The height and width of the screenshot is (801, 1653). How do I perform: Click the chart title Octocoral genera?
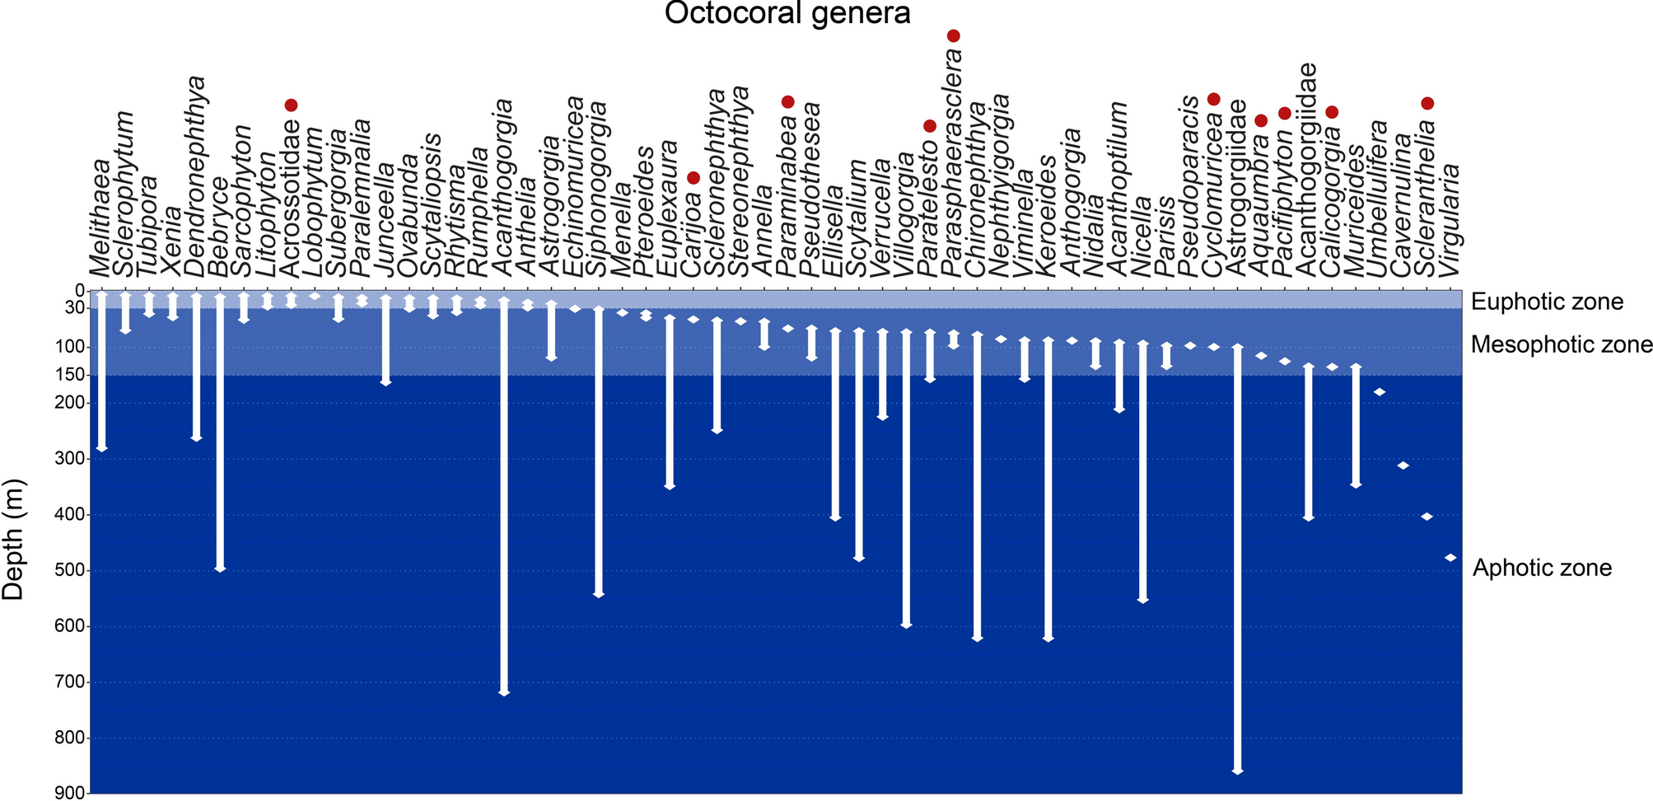point(787,14)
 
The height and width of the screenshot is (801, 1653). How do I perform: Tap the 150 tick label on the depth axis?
point(72,375)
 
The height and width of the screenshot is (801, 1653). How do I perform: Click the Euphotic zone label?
point(1547,302)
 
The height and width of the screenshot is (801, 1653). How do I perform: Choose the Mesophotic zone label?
point(1561,344)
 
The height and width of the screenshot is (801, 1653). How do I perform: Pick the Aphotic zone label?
point(1542,568)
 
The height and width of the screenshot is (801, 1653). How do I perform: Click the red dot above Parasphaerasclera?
point(954,35)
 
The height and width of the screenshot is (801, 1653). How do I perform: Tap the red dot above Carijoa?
point(693,178)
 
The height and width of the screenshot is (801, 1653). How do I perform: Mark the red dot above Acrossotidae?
point(291,105)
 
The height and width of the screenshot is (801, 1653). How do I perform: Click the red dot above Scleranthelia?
point(1427,103)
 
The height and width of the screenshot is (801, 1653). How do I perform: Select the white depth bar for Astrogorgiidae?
point(1237,560)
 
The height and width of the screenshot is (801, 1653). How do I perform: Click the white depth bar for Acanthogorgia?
point(504,494)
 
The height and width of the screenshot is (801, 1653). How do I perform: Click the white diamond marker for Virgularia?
point(1450,558)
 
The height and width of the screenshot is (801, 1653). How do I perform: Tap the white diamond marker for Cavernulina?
point(1403,466)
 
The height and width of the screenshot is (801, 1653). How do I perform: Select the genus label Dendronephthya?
point(196,177)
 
